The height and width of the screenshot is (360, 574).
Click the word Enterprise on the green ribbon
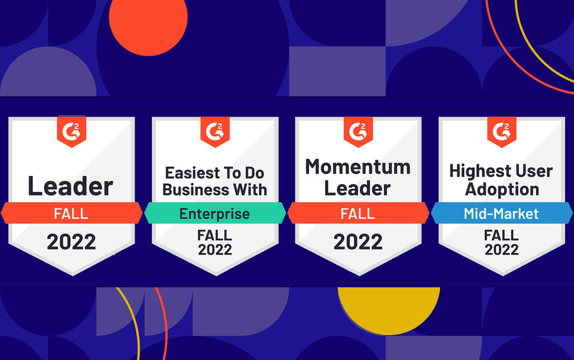(215, 213)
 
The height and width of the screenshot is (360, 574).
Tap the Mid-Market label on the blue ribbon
(501, 213)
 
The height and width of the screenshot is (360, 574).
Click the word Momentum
(358, 167)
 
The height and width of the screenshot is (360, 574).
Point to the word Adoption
(502, 189)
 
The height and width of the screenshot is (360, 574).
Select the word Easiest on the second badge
(189, 173)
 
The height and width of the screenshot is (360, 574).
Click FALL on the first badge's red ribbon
(71, 213)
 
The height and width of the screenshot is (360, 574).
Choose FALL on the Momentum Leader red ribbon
(358, 213)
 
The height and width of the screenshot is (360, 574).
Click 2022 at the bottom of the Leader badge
(71, 242)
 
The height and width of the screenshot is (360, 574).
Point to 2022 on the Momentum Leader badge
(358, 242)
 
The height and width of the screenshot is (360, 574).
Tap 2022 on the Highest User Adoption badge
(502, 249)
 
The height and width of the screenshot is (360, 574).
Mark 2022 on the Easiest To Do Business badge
(215, 249)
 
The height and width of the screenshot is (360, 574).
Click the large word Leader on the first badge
(70, 187)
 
